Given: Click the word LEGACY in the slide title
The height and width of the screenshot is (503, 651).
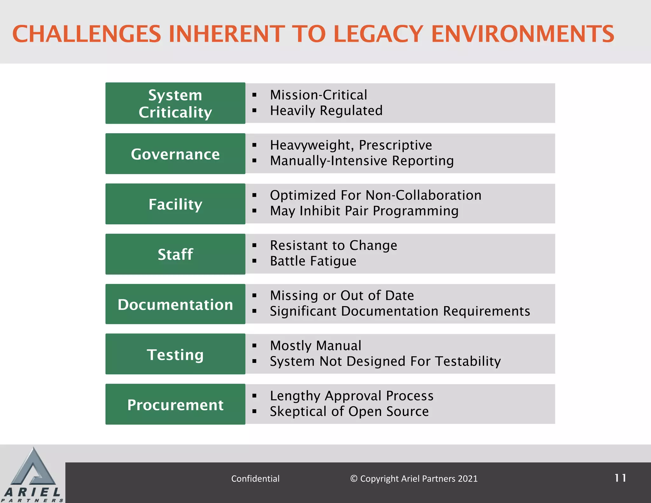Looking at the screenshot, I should tap(378, 34).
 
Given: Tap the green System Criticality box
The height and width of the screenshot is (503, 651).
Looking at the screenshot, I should tap(175, 103).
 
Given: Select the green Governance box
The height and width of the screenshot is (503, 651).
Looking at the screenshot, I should tap(175, 154).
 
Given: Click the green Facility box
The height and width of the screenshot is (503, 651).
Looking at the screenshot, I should tap(175, 204).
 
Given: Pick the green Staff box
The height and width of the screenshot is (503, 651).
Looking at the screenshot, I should tap(175, 254).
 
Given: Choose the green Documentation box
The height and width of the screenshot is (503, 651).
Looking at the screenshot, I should tap(175, 304).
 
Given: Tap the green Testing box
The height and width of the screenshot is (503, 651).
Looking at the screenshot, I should tap(175, 354).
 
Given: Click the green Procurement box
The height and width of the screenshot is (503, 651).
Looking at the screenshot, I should tap(175, 404).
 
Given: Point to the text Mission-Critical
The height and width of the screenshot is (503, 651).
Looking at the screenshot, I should tap(319, 95).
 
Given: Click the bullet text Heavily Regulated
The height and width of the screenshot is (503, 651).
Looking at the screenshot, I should tap(326, 111).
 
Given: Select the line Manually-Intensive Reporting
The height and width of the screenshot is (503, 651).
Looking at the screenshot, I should tap(362, 161).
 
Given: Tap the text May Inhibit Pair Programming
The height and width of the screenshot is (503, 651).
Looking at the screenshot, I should tap(364, 211).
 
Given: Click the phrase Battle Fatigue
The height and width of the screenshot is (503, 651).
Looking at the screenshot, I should tap(313, 261).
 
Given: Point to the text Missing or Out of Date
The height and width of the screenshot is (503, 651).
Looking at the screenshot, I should tap(342, 296).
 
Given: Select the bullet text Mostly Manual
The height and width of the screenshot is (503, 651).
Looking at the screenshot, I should tap(316, 346).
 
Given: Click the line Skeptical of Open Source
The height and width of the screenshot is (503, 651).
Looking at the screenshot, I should tap(349, 411).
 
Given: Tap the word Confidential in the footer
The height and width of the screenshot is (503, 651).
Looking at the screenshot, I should tap(255, 479).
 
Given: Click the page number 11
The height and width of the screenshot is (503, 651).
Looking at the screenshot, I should tap(620, 478).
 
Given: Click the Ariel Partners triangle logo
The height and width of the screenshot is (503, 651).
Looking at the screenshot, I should tap(33, 469).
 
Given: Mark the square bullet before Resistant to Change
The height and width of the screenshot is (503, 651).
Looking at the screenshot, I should tap(254, 245).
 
